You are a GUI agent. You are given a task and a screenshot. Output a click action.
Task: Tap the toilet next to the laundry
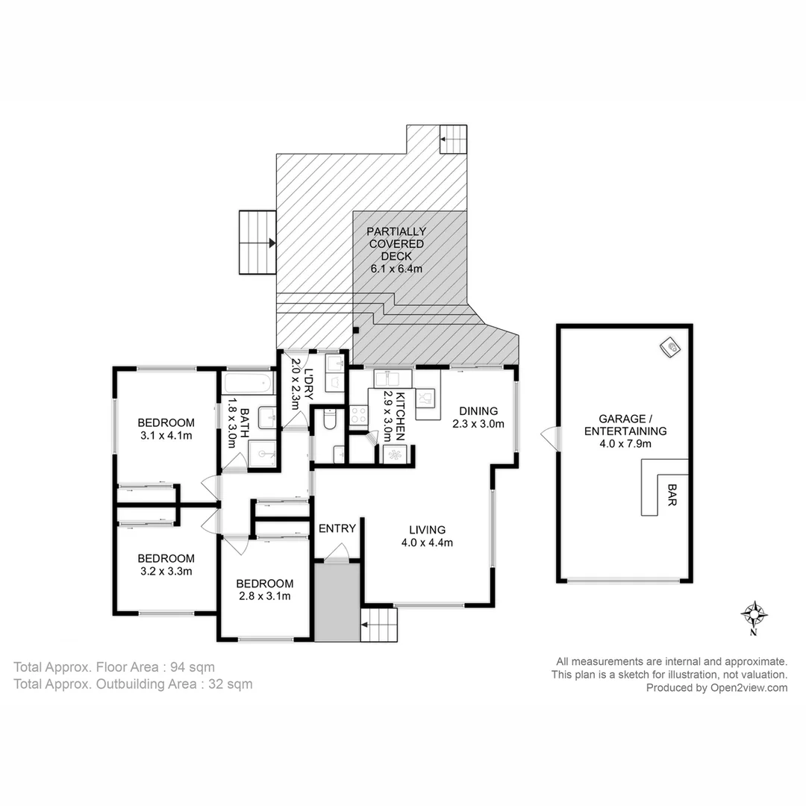[329, 422]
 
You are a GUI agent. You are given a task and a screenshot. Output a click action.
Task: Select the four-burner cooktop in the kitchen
[358, 415]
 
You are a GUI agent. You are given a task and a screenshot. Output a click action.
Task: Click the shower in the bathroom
[262, 452]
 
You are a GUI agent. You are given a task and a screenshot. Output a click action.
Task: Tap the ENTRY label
[337, 528]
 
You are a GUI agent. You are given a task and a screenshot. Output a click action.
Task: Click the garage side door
[550, 438]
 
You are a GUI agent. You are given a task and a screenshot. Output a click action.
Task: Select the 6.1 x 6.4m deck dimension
[397, 268]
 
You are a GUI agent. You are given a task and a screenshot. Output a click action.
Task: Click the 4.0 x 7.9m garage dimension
[625, 443]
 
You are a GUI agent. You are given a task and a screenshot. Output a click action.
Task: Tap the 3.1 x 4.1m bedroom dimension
[166, 434]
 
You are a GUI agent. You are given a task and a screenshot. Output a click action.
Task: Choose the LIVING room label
[427, 530]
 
